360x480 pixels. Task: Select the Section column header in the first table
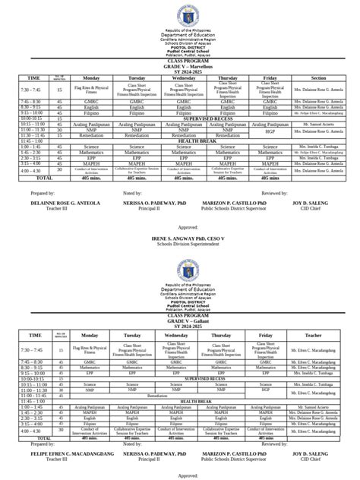pos(318,77)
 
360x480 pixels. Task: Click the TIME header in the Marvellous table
pos(33,77)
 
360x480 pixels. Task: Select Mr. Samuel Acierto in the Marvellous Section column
pos(318,124)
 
